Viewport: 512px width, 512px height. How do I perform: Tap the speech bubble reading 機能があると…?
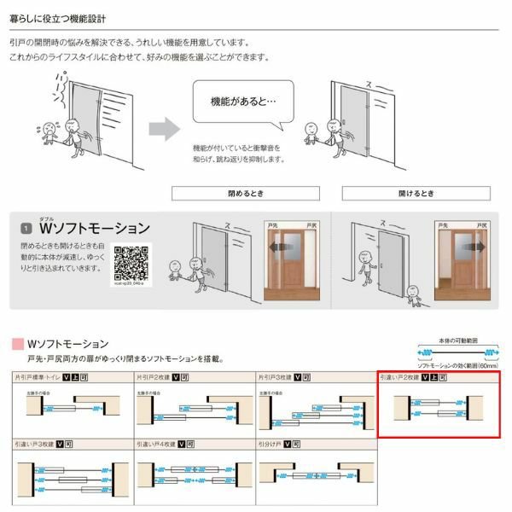click(x=242, y=102)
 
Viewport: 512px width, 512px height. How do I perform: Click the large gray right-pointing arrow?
click(x=164, y=130)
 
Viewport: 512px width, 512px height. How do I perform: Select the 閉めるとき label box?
click(x=246, y=194)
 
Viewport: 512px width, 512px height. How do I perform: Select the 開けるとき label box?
click(x=416, y=194)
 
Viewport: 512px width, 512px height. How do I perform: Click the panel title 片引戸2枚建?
click(x=154, y=376)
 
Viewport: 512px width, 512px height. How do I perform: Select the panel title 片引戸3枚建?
click(x=276, y=376)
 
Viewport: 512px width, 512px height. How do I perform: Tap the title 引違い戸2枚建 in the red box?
click(x=402, y=376)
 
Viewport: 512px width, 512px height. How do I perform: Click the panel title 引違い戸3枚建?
click(x=33, y=445)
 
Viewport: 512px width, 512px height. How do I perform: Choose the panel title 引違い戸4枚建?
click(x=154, y=445)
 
